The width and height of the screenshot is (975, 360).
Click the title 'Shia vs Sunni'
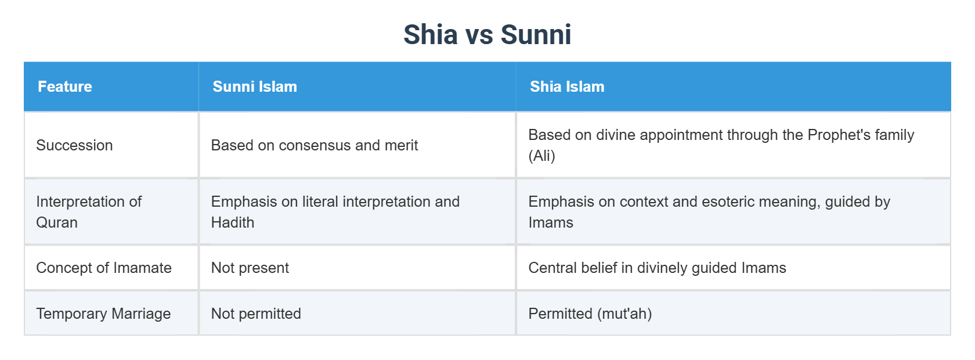click(x=487, y=35)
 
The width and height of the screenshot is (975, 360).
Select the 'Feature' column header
click(x=65, y=87)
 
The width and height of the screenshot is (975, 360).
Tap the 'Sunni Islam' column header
click(x=255, y=87)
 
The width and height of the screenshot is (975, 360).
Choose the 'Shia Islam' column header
click(x=567, y=87)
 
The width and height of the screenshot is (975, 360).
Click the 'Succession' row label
click(x=74, y=145)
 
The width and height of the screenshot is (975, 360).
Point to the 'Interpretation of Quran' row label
click(x=89, y=211)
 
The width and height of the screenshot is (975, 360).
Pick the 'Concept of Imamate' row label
click(x=104, y=268)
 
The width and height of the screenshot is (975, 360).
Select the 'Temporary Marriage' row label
click(x=103, y=314)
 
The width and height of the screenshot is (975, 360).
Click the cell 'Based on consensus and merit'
click(x=314, y=145)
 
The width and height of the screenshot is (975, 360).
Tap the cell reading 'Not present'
click(x=250, y=268)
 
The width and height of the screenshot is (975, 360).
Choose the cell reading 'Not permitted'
click(x=256, y=314)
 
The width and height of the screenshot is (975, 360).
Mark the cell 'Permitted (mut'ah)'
click(x=590, y=314)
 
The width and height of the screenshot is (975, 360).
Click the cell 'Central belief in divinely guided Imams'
click(x=657, y=268)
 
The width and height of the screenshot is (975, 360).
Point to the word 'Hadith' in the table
click(x=233, y=222)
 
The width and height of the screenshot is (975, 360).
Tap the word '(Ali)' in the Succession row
click(x=541, y=156)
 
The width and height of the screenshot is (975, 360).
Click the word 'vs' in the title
click(x=479, y=35)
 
